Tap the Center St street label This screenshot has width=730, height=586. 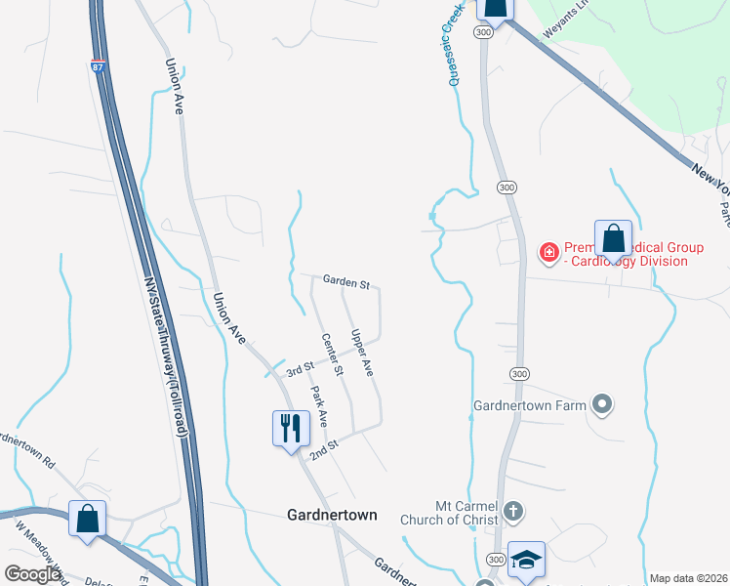tap(333, 355)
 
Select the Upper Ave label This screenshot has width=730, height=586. tap(362, 354)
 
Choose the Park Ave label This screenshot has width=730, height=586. tap(319, 405)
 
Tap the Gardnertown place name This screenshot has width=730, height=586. tap(332, 514)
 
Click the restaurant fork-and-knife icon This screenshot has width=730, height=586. tap(290, 427)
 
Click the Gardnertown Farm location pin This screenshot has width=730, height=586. tap(602, 403)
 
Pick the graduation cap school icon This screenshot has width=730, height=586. tap(526, 559)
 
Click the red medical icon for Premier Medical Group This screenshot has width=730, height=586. tap(548, 253)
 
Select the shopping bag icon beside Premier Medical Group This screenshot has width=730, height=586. tap(613, 237)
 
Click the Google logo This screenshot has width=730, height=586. tap(31, 574)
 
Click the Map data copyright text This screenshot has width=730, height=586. tap(688, 578)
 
